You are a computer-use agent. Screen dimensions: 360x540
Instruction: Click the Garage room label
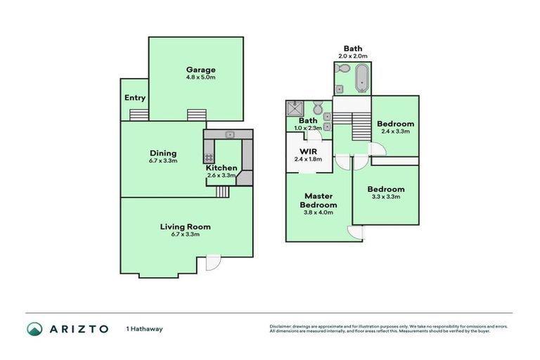[x=200, y=70]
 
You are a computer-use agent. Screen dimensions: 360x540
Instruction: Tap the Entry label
[x=134, y=98]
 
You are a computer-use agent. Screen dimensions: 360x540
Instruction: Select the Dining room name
[x=162, y=153]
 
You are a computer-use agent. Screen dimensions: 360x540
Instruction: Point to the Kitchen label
[x=221, y=168]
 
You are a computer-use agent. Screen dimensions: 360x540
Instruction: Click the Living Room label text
[x=185, y=226]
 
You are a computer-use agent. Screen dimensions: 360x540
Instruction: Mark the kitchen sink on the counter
[x=229, y=134]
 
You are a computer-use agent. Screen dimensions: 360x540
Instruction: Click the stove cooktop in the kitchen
[x=208, y=157]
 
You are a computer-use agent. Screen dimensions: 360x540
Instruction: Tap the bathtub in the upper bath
[x=361, y=78]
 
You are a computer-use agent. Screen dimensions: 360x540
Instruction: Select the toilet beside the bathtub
[x=342, y=70]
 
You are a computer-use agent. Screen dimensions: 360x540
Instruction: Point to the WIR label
[x=309, y=151]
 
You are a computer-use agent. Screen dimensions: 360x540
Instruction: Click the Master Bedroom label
[x=318, y=200]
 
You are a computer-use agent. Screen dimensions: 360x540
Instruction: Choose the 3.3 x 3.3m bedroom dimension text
[x=385, y=197]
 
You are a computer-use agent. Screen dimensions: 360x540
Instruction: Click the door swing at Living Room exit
[x=211, y=264]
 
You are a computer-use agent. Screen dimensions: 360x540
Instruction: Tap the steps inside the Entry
[x=139, y=115]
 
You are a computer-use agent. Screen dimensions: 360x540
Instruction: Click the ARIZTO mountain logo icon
[x=34, y=328]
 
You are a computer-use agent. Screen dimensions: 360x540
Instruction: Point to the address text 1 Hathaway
[x=143, y=328]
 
